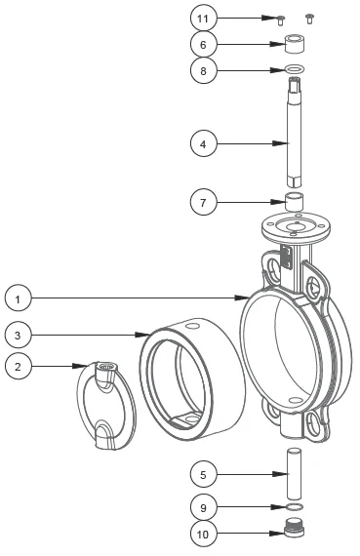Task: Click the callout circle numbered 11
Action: (x=202, y=18)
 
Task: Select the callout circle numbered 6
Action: (x=202, y=44)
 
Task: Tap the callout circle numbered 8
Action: (x=202, y=70)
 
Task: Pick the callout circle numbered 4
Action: (x=202, y=143)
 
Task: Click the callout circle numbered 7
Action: (x=202, y=203)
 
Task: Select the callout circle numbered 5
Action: (x=202, y=475)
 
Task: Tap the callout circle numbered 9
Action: (x=202, y=508)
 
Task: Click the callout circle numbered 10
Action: (x=202, y=535)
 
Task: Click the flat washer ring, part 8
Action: (x=295, y=70)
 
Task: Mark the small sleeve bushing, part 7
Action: (x=296, y=204)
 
